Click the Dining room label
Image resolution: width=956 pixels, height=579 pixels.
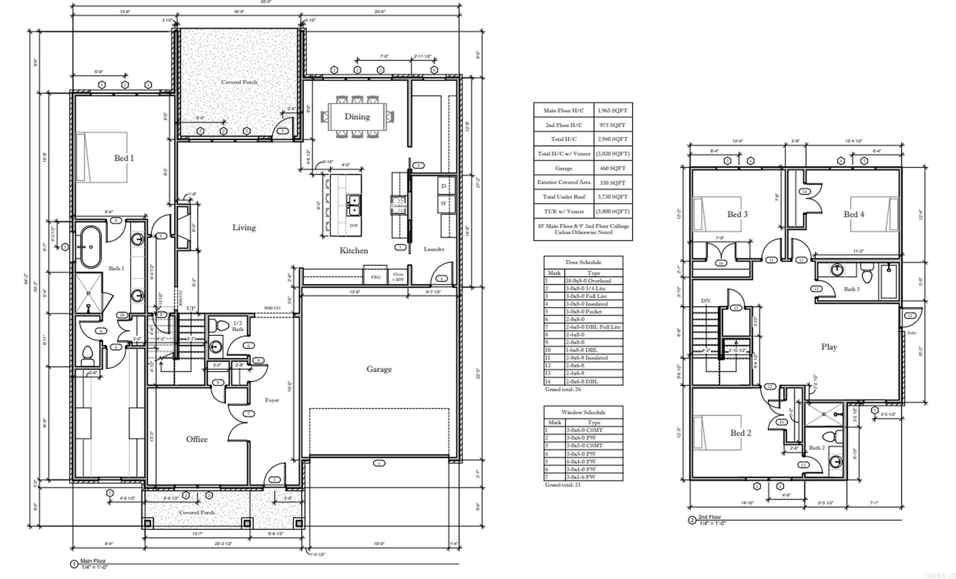pos(357,116)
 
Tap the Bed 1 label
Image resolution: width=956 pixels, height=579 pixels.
pos(124,158)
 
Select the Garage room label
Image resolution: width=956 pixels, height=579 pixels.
pos(379,369)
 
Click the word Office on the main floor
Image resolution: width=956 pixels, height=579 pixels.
pos(197,439)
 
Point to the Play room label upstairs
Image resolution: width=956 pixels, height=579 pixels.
pos(829,347)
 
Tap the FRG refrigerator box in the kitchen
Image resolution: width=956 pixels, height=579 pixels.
pos(376,277)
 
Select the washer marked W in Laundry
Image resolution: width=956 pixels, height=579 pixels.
pos(443,204)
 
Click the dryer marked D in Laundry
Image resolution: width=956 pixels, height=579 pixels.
pos(443,186)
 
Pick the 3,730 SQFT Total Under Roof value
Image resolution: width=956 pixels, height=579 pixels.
pos(612,197)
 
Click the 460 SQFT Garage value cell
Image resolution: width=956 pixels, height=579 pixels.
pos(612,168)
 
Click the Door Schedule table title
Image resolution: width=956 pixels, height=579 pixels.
pos(583,262)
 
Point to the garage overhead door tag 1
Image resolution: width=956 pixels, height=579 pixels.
pos(379,463)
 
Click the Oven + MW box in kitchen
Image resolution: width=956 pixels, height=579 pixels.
pos(398,277)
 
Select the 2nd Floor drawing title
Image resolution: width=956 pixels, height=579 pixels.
pos(709,517)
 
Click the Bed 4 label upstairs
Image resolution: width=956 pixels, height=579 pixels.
pos(854,214)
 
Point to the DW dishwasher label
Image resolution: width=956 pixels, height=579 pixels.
pos(354,226)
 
